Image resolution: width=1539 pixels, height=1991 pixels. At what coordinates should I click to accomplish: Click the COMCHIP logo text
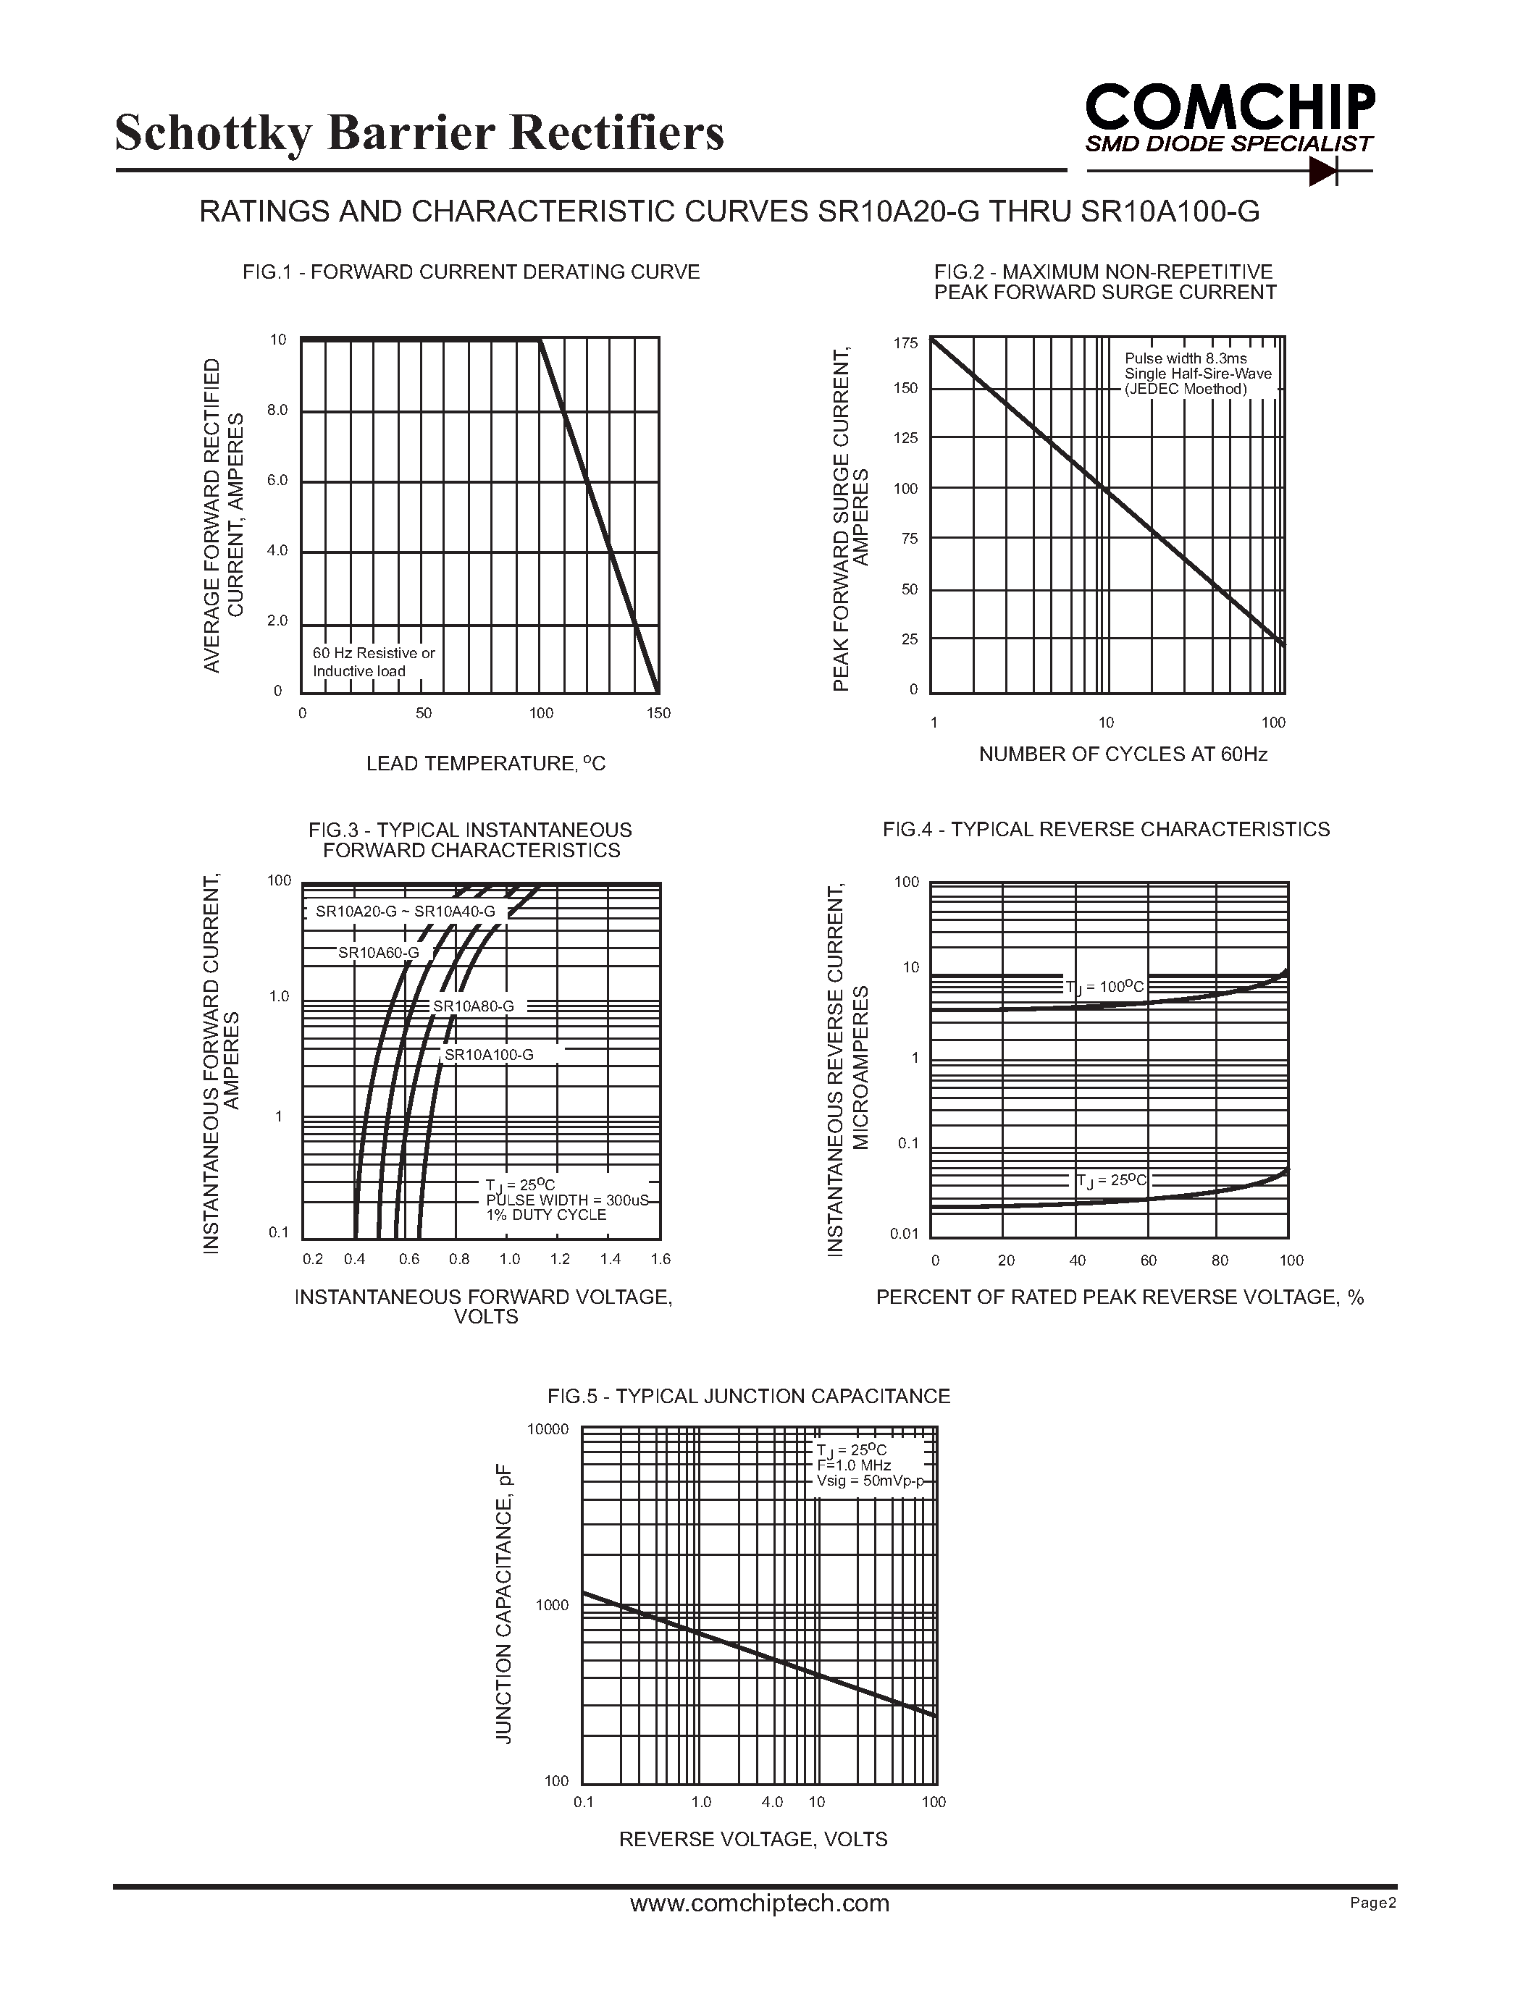[x=1229, y=108]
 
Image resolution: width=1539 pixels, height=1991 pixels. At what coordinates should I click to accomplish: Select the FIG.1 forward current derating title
[x=471, y=271]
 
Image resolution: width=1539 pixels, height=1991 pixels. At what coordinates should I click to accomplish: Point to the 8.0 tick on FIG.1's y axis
[x=277, y=411]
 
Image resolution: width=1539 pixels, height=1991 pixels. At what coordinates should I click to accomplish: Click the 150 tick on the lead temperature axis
[x=658, y=713]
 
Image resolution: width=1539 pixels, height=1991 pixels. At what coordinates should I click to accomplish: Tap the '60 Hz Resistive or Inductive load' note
[x=373, y=662]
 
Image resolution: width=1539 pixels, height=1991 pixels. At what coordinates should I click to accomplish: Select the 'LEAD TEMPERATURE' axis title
[x=485, y=764]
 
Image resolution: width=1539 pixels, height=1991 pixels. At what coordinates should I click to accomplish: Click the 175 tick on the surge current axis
[x=905, y=344]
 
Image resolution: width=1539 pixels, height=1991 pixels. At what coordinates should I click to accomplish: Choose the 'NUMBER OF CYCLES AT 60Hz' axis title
[x=1123, y=754]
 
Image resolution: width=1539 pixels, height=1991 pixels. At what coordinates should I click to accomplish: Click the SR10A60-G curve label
[x=378, y=953]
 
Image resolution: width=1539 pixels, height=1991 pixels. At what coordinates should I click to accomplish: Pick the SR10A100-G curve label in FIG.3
[x=489, y=1055]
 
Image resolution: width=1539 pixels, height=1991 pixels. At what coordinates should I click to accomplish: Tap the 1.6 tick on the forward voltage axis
[x=660, y=1259]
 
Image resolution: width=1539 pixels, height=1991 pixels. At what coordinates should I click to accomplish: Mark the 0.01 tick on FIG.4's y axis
[x=905, y=1234]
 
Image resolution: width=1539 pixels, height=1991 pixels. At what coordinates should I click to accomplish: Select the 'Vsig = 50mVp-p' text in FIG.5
[x=870, y=1481]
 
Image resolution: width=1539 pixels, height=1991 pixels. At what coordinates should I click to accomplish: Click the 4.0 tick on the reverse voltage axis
[x=771, y=1801]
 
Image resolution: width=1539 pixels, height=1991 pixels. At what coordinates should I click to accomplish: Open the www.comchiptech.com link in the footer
[x=760, y=1903]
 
